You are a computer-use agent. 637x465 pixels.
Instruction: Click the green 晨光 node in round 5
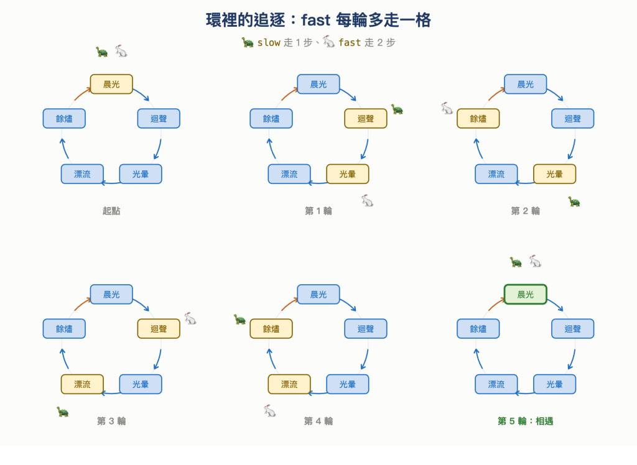[x=525, y=295]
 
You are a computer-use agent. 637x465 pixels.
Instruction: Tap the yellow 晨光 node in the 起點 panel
[x=111, y=84]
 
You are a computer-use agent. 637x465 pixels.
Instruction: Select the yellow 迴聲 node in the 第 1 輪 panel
[x=366, y=119]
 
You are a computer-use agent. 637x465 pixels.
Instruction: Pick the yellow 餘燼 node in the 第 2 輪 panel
[x=478, y=119]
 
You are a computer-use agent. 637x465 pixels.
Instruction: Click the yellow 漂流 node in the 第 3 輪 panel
[x=83, y=384]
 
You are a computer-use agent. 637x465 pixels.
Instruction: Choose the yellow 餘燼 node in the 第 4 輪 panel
[x=271, y=328]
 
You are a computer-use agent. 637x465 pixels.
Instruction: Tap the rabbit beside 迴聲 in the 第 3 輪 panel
[x=190, y=318]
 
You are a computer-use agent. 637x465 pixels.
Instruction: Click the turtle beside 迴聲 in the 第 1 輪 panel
[x=397, y=109]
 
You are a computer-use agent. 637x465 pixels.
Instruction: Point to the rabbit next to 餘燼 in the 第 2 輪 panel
[x=447, y=108]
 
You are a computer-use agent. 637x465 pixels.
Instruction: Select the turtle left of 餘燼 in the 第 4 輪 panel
[x=239, y=319]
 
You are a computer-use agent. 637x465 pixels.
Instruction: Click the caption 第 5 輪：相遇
[x=525, y=421]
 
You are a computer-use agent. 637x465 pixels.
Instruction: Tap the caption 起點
[x=111, y=211]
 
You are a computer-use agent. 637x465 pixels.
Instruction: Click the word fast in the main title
[x=315, y=20]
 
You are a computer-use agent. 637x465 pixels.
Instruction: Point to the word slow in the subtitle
[x=269, y=42]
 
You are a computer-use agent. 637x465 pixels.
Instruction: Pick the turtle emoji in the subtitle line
[x=248, y=42]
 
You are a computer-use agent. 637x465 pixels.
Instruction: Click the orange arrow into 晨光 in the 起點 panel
[x=83, y=94]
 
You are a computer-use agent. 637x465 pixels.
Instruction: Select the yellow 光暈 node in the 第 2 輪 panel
[x=554, y=174]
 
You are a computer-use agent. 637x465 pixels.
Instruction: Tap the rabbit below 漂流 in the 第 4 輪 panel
[x=270, y=411]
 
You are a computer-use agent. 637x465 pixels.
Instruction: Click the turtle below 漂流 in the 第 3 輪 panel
[x=63, y=412]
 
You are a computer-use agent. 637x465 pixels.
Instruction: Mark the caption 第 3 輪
[x=111, y=421]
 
